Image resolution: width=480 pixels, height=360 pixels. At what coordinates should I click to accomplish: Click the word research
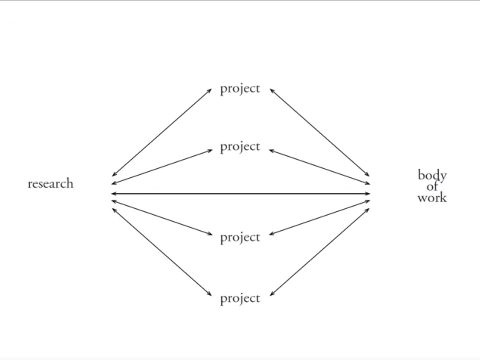point(50,184)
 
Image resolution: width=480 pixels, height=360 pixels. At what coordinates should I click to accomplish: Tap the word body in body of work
point(432,176)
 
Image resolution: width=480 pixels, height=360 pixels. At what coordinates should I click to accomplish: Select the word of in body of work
point(432,187)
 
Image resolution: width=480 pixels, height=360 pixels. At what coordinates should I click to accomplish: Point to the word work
point(432,198)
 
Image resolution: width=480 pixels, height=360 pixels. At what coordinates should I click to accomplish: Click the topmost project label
point(240,89)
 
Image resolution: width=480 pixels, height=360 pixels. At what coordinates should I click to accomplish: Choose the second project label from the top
point(240,147)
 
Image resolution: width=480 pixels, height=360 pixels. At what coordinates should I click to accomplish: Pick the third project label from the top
point(240,237)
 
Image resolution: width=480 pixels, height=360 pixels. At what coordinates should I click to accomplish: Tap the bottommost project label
point(240,298)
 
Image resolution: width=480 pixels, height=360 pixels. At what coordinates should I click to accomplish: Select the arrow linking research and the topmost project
point(162,132)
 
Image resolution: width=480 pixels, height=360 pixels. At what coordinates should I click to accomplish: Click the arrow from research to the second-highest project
point(162,167)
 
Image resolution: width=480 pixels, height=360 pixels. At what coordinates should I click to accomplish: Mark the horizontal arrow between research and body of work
point(240,194)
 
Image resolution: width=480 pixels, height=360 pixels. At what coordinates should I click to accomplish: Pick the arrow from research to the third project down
point(162,218)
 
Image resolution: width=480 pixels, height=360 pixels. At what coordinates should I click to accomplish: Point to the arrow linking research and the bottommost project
point(162,252)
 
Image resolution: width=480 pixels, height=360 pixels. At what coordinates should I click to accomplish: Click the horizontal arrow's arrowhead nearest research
point(113,194)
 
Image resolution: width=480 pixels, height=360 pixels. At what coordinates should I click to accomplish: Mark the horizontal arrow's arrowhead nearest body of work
point(368,194)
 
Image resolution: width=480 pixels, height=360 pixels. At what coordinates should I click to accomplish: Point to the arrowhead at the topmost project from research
point(210,90)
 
